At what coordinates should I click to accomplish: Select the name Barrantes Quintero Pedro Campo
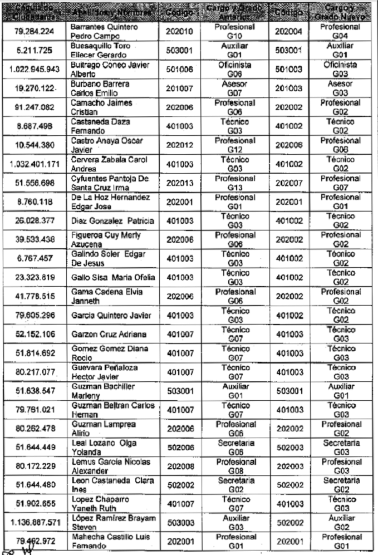click(x=101, y=31)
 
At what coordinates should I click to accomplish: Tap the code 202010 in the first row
click(x=179, y=31)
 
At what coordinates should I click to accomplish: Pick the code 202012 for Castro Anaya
click(x=179, y=145)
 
